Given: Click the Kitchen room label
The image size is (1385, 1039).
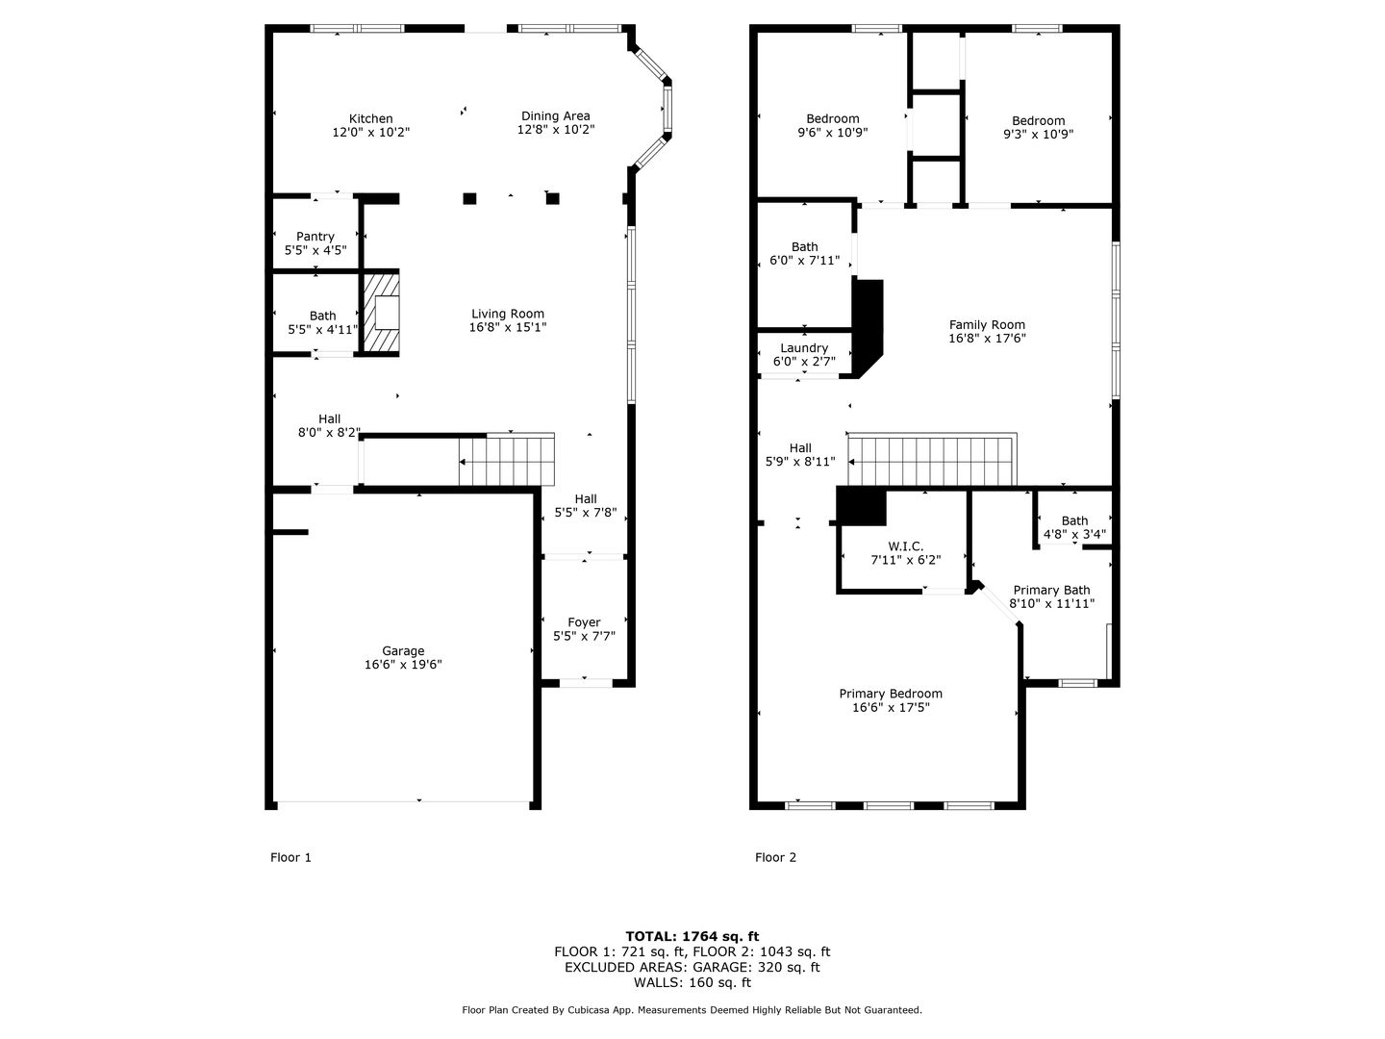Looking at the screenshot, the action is click(371, 118).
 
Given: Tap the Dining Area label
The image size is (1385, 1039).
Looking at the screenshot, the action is click(555, 116).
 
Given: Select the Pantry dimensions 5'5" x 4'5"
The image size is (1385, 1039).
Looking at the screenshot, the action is click(315, 250).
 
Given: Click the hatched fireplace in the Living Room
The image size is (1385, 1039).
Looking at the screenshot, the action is click(381, 312).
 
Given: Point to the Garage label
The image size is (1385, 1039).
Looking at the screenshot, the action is click(403, 651).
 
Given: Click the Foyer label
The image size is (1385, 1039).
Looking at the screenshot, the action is click(584, 622).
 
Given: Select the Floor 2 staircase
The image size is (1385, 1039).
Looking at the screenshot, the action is click(931, 460).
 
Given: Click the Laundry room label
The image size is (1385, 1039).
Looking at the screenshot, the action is click(804, 348).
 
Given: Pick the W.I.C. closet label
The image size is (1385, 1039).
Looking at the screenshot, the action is click(905, 546).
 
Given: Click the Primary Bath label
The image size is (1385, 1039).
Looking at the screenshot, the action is click(1051, 590).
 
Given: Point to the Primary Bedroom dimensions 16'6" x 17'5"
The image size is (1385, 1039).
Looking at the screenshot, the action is click(891, 708).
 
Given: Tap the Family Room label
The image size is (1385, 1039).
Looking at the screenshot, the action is click(987, 325).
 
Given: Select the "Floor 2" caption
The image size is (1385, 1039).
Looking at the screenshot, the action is click(775, 857).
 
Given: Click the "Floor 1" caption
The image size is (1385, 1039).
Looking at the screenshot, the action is click(290, 857).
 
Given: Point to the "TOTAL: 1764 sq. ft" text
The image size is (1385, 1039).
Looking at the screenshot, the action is click(692, 936).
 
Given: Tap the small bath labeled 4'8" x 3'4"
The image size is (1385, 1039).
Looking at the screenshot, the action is click(1074, 521).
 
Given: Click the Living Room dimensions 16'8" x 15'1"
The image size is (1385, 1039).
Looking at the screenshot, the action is click(507, 327).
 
